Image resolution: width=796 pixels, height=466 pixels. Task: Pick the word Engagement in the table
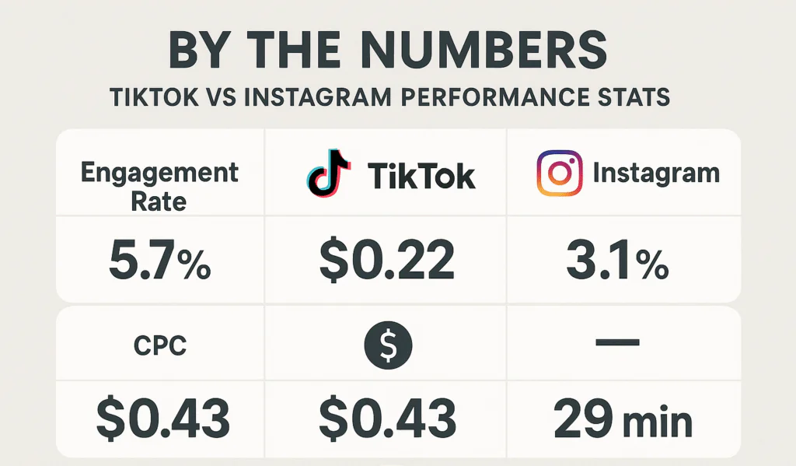tap(161, 172)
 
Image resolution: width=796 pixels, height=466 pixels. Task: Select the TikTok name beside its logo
tap(421, 176)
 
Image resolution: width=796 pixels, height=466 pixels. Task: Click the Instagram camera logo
tap(559, 173)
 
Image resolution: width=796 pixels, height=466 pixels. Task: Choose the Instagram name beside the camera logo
tap(656, 173)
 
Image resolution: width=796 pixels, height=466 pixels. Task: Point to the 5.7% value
tap(160, 261)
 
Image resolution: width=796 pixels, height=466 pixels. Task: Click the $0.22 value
tap(387, 261)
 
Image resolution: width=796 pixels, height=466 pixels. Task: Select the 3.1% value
tap(617, 261)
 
